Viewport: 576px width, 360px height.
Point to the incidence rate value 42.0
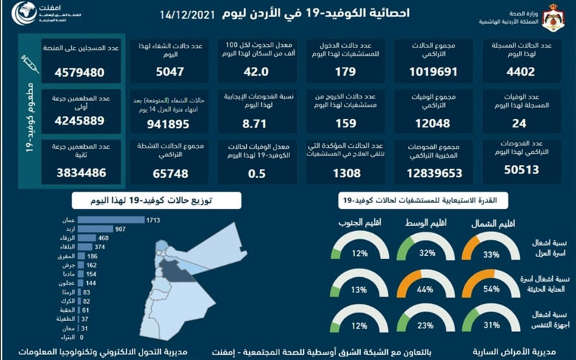point(256,72)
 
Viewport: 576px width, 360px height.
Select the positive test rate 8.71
point(256,122)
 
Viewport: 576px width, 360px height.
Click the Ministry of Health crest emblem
point(554,17)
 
